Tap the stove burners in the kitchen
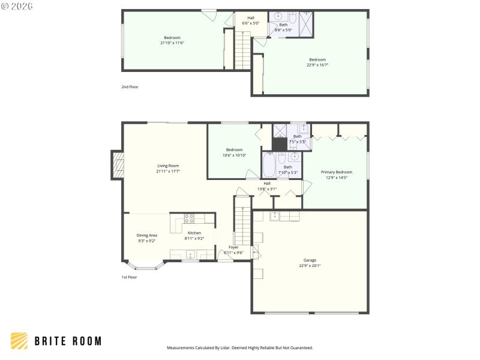189,219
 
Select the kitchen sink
188,253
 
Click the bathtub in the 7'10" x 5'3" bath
269,166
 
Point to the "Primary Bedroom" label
336,172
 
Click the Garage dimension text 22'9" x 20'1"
310,265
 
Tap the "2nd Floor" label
130,87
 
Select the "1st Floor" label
129,277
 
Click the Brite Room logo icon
19,341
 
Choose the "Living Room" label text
168,166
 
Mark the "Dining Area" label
147,235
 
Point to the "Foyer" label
233,247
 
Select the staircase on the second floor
242,50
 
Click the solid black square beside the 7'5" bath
280,145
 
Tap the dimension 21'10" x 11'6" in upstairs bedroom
172,43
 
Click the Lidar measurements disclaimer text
239,347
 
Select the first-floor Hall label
267,183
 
